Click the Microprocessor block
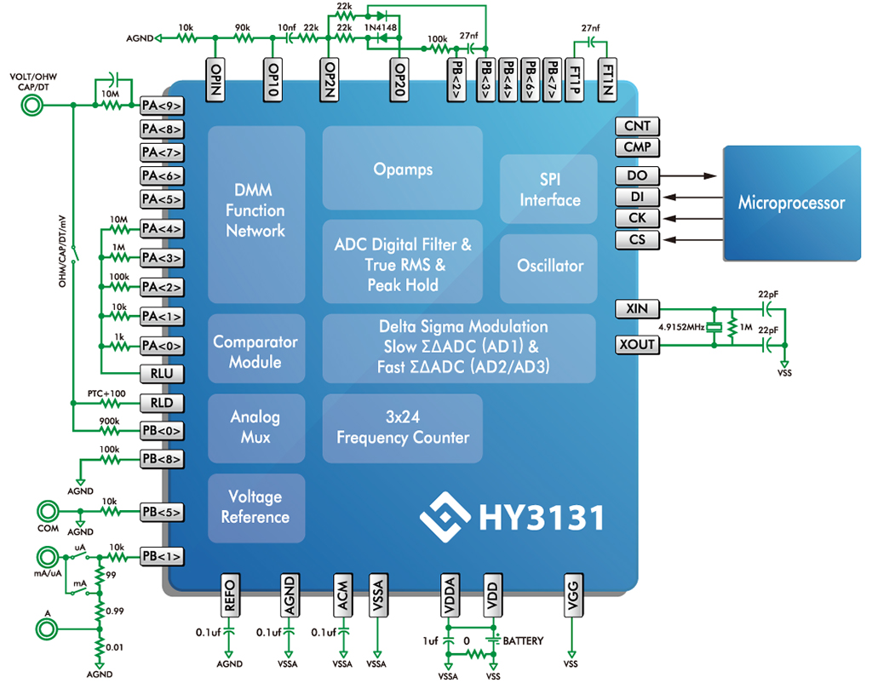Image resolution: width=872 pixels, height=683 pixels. pyautogui.click(x=791, y=203)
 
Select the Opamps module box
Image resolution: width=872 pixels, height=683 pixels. pyautogui.click(x=403, y=169)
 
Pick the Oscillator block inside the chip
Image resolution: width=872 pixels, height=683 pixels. pyautogui.click(x=549, y=266)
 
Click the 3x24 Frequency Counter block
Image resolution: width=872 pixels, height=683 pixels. pyautogui.click(x=403, y=428)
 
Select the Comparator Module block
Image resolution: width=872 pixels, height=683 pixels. pyautogui.click(x=255, y=352)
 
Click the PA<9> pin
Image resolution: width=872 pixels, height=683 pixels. pyautogui.click(x=162, y=106)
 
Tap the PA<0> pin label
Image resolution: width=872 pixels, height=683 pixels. pyautogui.click(x=162, y=346)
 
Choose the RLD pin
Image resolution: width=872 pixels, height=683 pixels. pyautogui.click(x=162, y=403)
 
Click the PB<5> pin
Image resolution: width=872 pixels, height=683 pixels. pyautogui.click(x=162, y=513)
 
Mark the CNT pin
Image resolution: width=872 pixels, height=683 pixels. pyautogui.click(x=637, y=126)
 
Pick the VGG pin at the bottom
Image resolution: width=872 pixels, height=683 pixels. pyautogui.click(x=571, y=594)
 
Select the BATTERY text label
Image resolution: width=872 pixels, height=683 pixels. pyautogui.click(x=523, y=640)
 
